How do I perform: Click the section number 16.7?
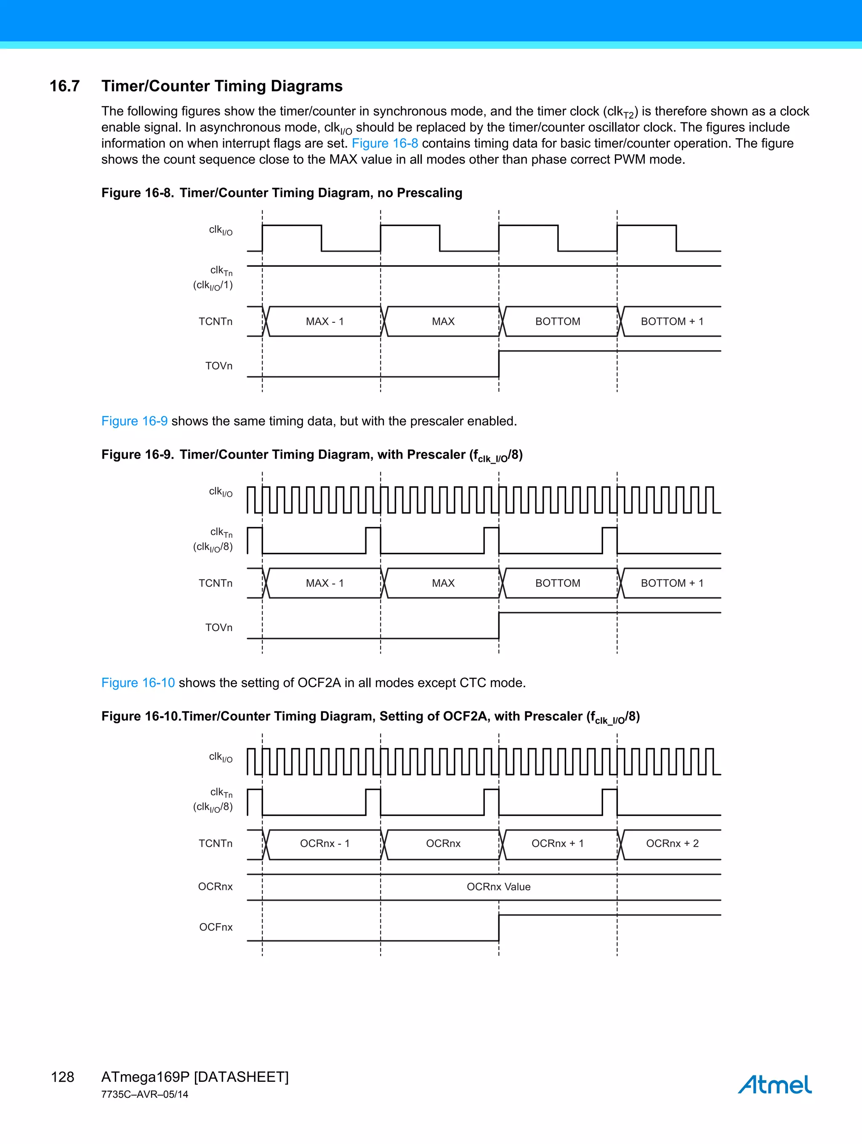point(65,86)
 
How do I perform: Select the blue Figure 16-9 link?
point(134,421)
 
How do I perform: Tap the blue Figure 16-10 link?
point(138,683)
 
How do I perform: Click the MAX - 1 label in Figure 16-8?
point(325,322)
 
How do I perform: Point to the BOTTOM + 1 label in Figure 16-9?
point(672,584)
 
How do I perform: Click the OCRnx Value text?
point(498,887)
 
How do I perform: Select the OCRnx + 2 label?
point(672,844)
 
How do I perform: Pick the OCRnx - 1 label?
point(325,844)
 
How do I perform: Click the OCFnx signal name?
point(216,927)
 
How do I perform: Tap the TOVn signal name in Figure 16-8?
point(218,366)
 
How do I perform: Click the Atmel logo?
point(774,1085)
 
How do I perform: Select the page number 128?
point(63,1077)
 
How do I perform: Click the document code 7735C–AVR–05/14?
point(144,1094)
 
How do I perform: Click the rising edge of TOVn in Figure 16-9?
point(499,626)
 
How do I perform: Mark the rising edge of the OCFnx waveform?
point(499,928)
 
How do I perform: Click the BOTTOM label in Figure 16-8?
point(557,322)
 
